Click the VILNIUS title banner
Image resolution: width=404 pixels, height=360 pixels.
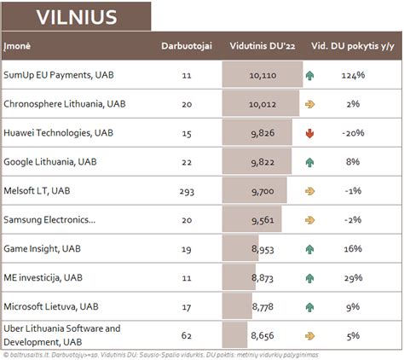click(77, 16)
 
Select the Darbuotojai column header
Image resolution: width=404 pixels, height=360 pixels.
click(187, 45)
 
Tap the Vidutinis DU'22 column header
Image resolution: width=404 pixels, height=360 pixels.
click(261, 45)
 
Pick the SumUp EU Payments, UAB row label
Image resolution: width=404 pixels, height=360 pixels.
click(60, 75)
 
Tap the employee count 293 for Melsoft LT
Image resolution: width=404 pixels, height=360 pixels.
click(187, 191)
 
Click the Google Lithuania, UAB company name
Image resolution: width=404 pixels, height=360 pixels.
click(51, 162)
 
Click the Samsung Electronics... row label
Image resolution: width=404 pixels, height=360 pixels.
click(50, 220)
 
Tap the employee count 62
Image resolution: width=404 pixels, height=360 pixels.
click(187, 335)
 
